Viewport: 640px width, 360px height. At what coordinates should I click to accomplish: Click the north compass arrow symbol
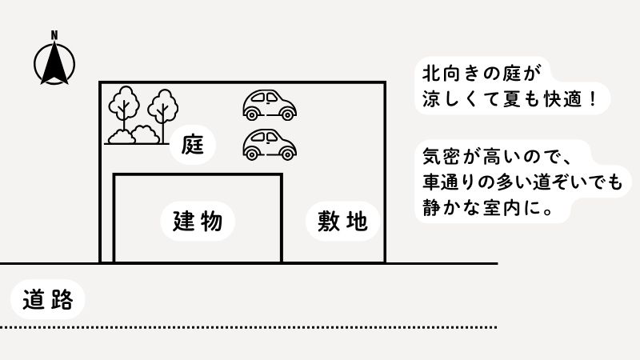click(x=55, y=63)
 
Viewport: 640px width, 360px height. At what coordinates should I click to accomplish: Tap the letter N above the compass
click(x=54, y=34)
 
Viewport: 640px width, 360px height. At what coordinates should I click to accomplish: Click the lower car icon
click(x=270, y=143)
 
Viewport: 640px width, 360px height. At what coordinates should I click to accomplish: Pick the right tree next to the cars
click(x=164, y=108)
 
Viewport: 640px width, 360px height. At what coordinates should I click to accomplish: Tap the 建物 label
click(x=197, y=221)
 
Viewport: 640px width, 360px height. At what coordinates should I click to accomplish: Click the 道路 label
click(x=49, y=299)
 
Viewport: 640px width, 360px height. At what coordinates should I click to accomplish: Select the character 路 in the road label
click(x=62, y=299)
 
